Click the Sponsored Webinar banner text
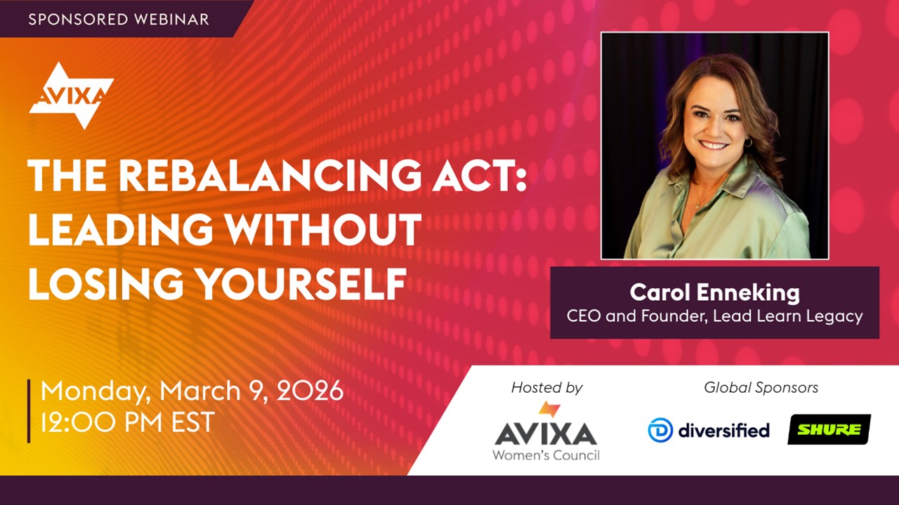click(119, 19)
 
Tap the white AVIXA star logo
click(72, 96)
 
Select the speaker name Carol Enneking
click(715, 292)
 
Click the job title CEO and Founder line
click(715, 316)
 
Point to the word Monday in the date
click(96, 391)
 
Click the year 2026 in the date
click(310, 391)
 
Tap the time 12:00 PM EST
click(128, 422)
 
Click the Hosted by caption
click(546, 388)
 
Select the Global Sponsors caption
click(761, 388)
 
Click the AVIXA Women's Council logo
click(546, 431)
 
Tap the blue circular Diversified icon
click(660, 430)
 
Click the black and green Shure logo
click(829, 430)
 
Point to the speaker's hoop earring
click(748, 142)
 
